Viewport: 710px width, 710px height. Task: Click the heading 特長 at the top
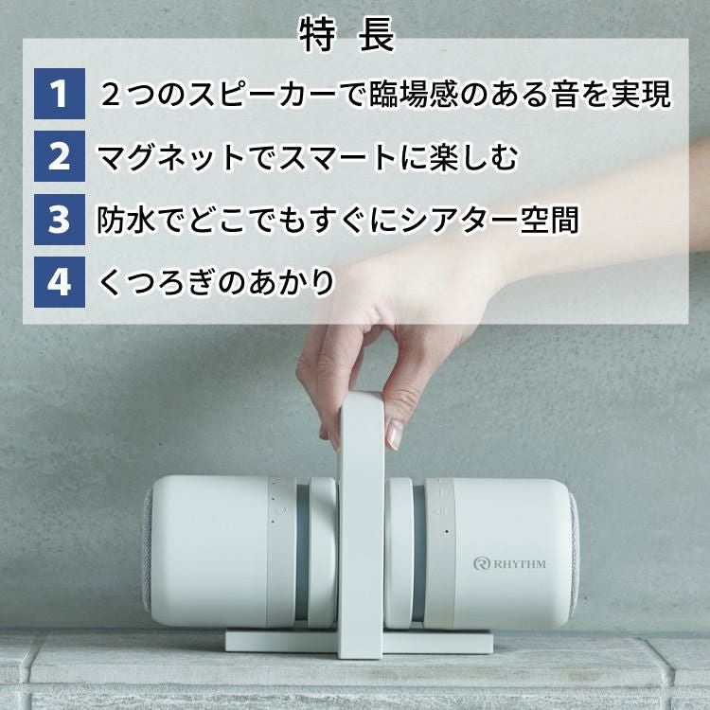[x=346, y=37]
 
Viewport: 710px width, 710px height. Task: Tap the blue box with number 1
[x=60, y=95]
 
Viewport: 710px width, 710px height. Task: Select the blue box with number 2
[x=60, y=157]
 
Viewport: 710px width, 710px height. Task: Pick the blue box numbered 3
[x=60, y=220]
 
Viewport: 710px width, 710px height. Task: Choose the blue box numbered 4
[x=60, y=282]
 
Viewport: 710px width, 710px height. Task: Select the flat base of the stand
[x=359, y=642]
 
